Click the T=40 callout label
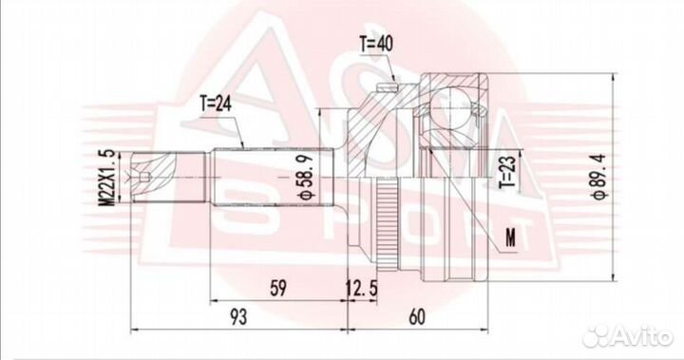(x=375, y=44)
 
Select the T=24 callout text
(x=216, y=104)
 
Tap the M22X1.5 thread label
(x=106, y=178)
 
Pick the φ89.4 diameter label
(x=596, y=177)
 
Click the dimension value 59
(x=278, y=289)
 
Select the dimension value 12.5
(x=362, y=289)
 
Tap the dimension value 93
(x=238, y=317)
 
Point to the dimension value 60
(x=417, y=317)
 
